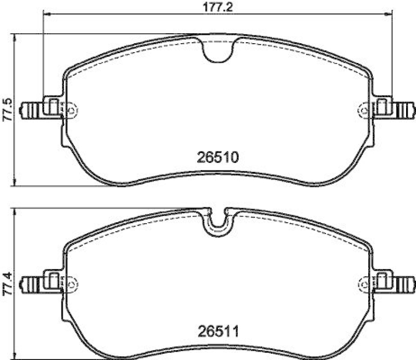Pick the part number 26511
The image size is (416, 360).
point(217,331)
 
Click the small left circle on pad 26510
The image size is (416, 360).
point(72,110)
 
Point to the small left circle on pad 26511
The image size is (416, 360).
point(72,284)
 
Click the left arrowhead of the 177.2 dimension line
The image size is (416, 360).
point(45,14)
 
